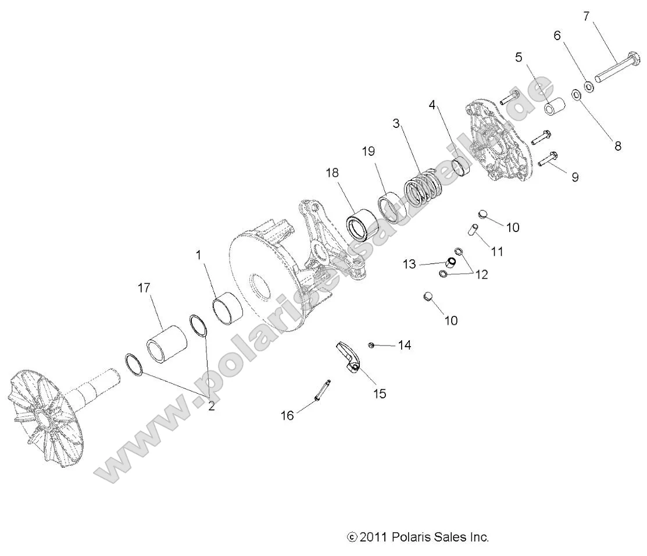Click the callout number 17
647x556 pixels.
[x=144, y=287]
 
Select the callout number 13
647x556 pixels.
[x=410, y=265]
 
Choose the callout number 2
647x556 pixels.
[x=211, y=407]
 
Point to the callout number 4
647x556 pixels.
[x=432, y=105]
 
